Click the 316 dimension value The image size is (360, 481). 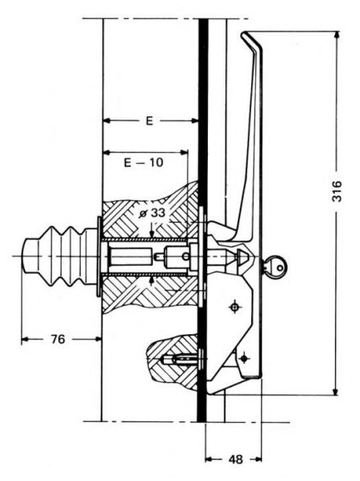pos(337,191)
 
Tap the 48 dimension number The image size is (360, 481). pos(235,459)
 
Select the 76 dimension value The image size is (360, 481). pos(58,339)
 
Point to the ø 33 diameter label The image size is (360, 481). pos(152,213)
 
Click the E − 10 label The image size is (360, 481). pos(144,162)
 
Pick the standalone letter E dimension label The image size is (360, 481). pos(149,120)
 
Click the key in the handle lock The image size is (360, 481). pos(274,267)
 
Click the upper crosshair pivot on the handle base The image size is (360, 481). pos(235,307)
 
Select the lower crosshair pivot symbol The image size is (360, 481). pos(244,358)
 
